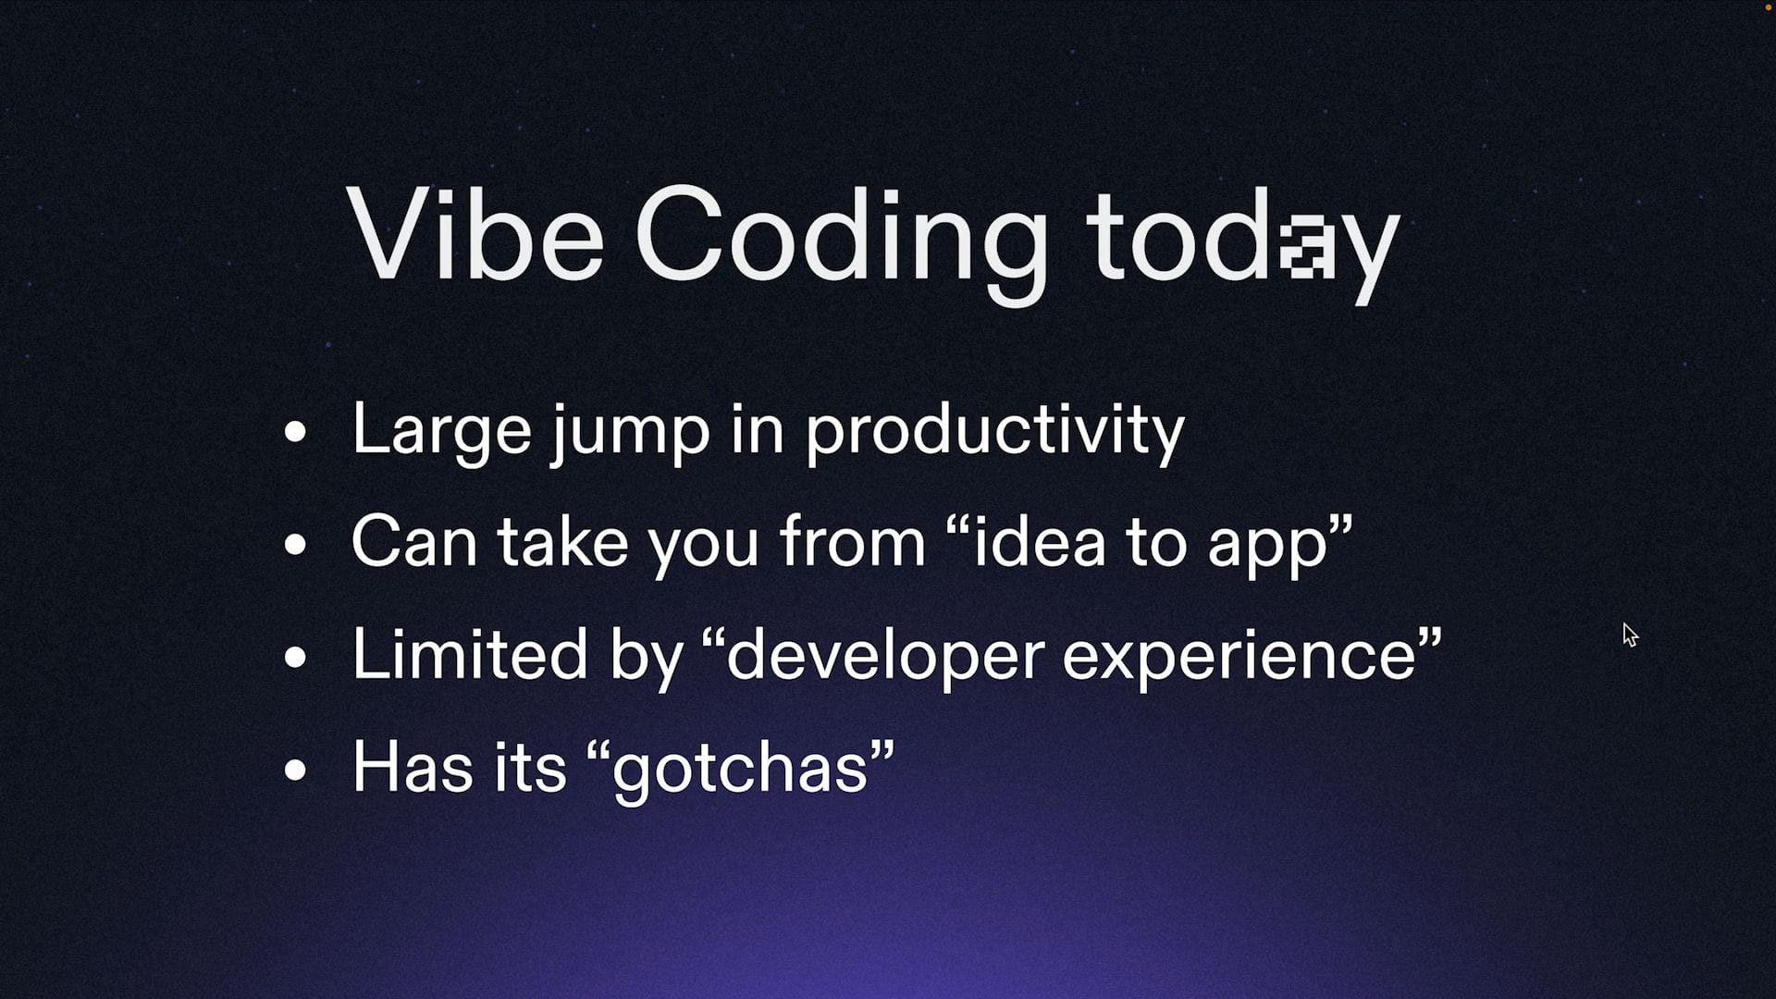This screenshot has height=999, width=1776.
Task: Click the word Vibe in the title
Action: click(x=475, y=232)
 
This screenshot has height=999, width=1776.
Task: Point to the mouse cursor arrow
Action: click(x=1630, y=635)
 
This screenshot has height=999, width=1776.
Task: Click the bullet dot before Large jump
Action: click(x=295, y=431)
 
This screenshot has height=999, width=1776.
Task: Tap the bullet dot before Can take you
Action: click(x=295, y=544)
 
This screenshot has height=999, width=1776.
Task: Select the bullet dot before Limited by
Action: click(x=295, y=657)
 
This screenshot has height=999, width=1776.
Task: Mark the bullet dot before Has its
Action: click(x=295, y=770)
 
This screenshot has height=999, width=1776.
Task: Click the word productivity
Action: click(x=995, y=431)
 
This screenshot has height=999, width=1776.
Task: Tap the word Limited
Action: click(x=470, y=653)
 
